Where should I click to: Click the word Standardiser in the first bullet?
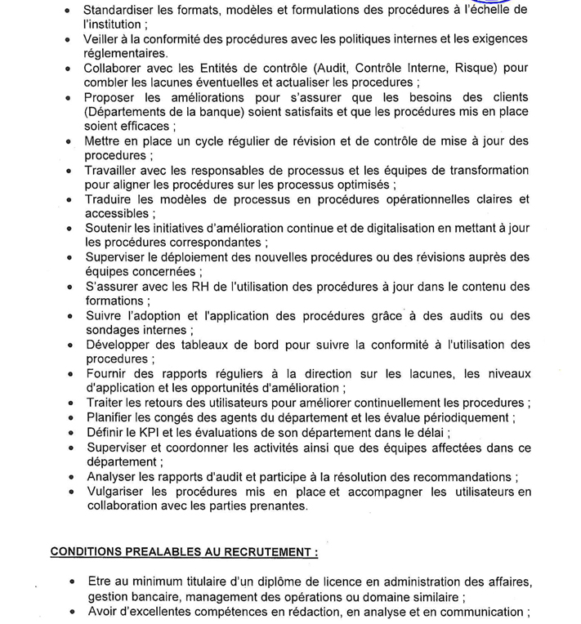coord(120,10)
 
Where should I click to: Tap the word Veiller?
coord(102,39)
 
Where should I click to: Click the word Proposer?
coord(112,98)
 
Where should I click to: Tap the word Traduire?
coord(109,199)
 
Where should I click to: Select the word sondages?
coord(113,330)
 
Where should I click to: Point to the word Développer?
coord(118,345)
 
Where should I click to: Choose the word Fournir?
coord(107,374)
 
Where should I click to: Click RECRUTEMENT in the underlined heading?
coord(257,551)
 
